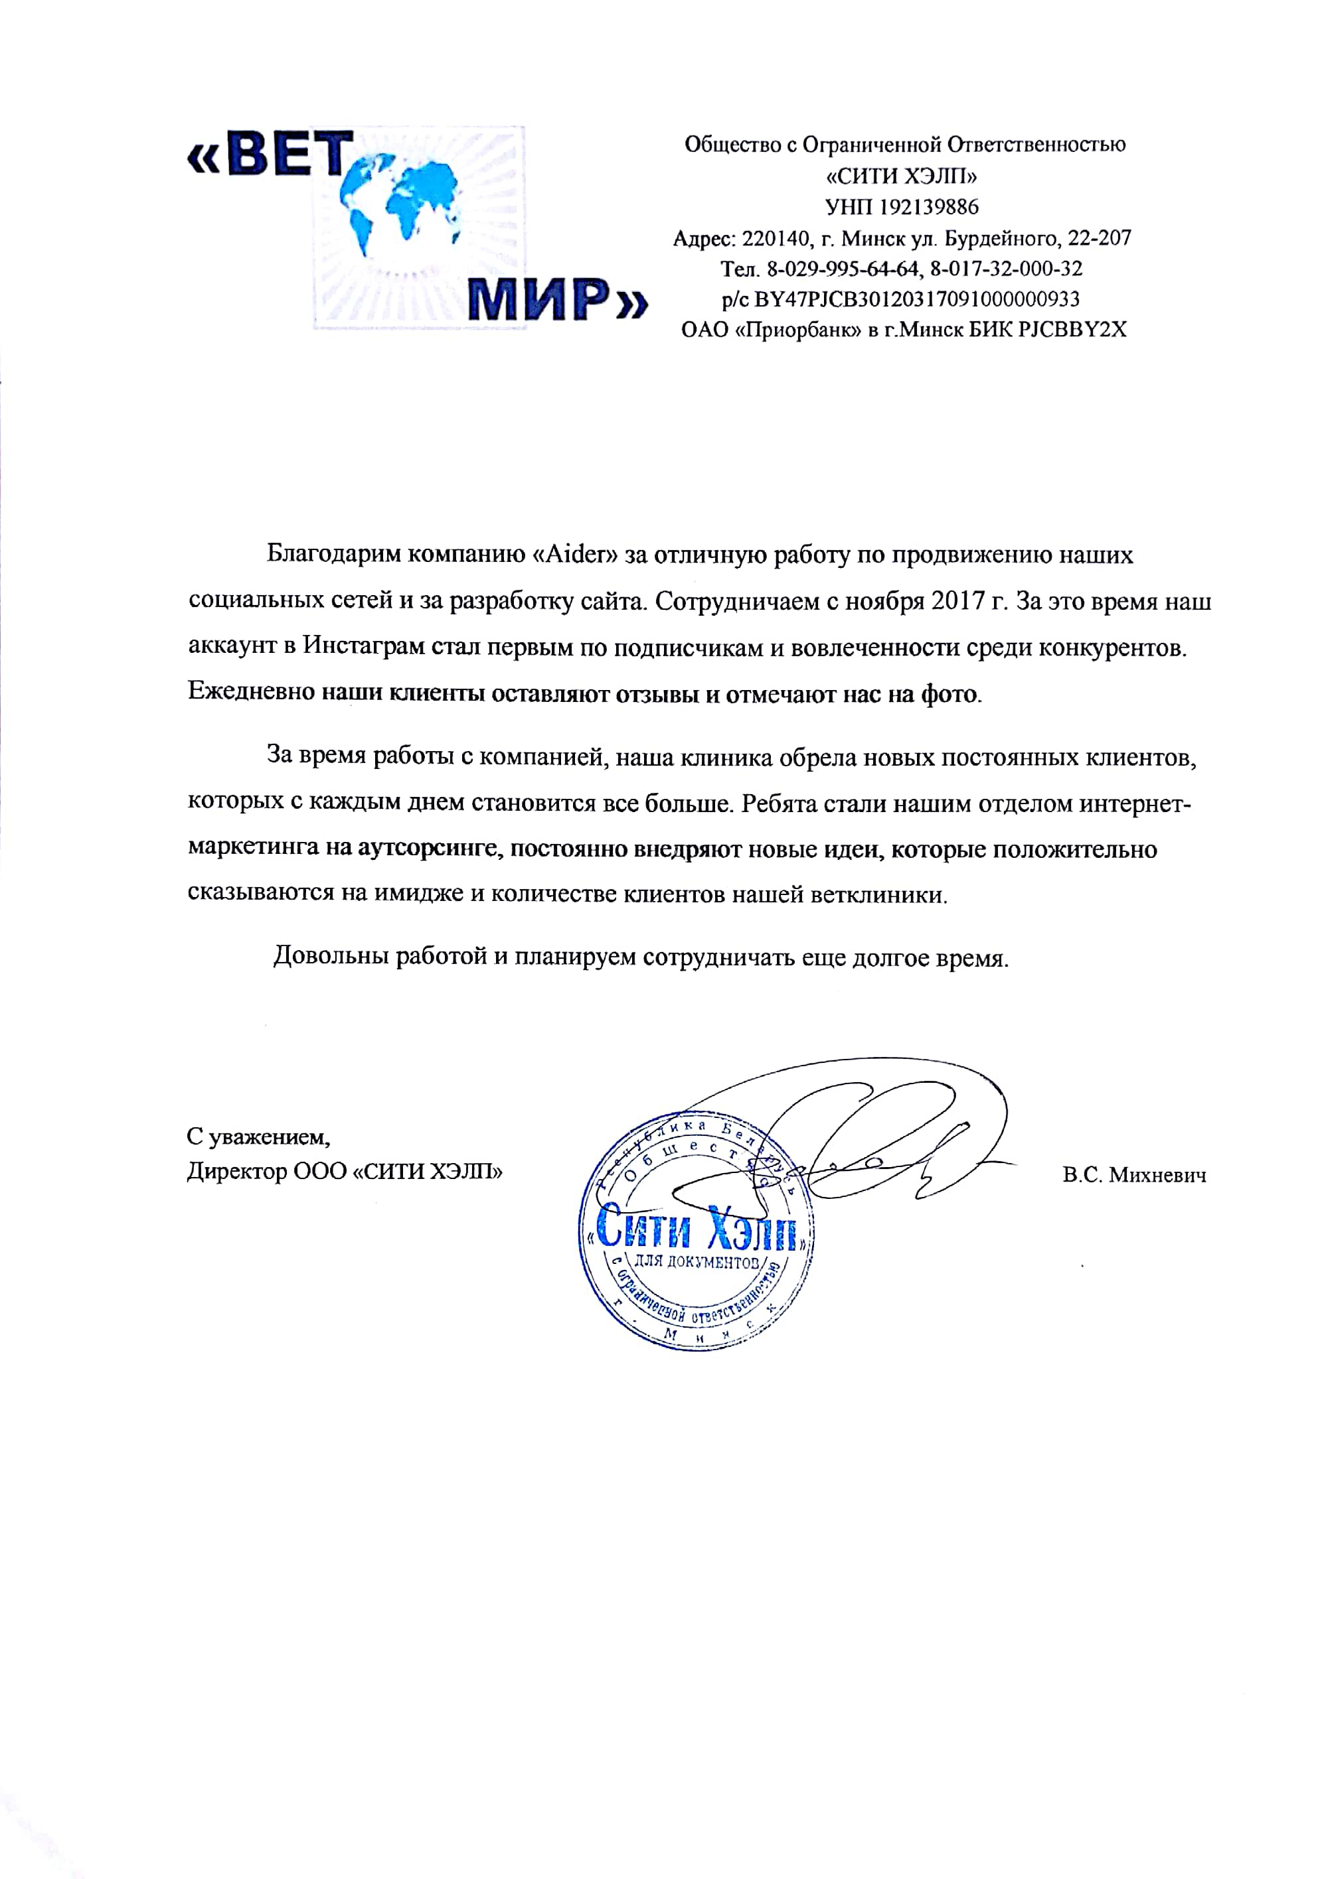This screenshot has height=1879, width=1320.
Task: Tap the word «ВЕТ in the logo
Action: pos(270,155)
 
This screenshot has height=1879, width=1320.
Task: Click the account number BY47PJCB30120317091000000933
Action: pos(916,299)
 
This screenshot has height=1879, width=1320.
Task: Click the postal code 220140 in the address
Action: pos(776,238)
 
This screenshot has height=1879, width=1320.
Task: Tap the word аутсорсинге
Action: pos(427,849)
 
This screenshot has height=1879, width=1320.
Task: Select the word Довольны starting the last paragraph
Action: pos(330,956)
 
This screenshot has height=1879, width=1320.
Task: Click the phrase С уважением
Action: pos(258,1137)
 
